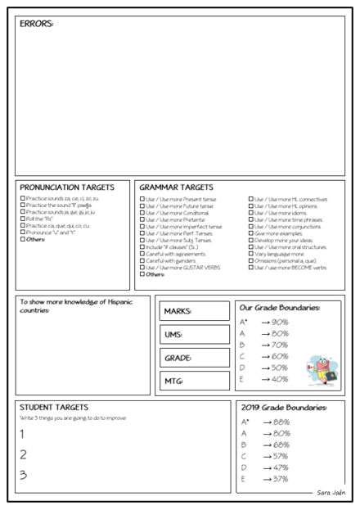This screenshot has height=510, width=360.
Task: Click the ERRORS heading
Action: click(x=36, y=24)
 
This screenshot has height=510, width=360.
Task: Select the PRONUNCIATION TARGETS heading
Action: click(x=66, y=187)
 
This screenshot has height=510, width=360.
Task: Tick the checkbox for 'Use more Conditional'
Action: click(x=142, y=213)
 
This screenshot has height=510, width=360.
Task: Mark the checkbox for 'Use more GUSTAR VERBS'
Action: click(x=142, y=267)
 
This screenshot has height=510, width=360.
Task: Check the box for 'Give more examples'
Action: click(x=251, y=233)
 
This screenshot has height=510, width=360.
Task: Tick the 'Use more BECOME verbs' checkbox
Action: click(x=251, y=267)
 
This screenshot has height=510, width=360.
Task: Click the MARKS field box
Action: click(x=195, y=311)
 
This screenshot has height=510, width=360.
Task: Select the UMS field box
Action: click(x=195, y=334)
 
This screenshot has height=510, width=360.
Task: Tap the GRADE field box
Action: click(x=195, y=358)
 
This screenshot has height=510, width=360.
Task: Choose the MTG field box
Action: click(x=195, y=381)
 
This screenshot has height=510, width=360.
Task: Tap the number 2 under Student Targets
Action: click(x=24, y=454)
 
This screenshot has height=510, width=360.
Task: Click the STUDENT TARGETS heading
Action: click(x=53, y=407)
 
